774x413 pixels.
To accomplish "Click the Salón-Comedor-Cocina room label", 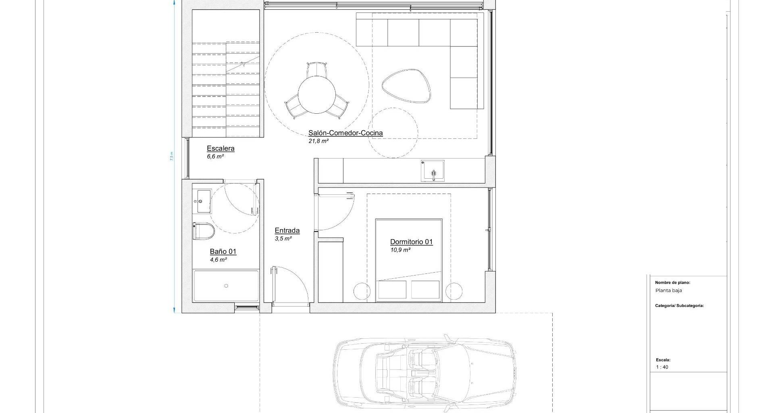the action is coord(345,133).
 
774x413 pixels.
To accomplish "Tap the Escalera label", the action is coord(221,148).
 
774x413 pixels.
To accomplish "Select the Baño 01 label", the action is coord(223,252).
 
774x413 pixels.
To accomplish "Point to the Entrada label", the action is coord(287,231).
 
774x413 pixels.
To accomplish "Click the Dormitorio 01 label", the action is coord(411,242).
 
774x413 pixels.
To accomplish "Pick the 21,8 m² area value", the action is coord(318,141).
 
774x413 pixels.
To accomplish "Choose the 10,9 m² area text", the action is coord(400,250).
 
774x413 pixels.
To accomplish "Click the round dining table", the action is coord(316,95).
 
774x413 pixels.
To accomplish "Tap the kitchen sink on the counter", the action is coord(433,171).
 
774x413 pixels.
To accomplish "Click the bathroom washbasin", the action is coord(202,201).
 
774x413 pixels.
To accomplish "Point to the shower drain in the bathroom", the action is coord(226,286).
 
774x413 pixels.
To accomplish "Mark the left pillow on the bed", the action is coord(392,290).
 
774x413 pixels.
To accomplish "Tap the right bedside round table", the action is coord(454,291).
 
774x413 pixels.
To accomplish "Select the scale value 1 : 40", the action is coord(662,367).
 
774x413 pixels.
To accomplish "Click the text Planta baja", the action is coord(669,290).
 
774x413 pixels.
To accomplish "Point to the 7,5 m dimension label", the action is coord(171,156).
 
